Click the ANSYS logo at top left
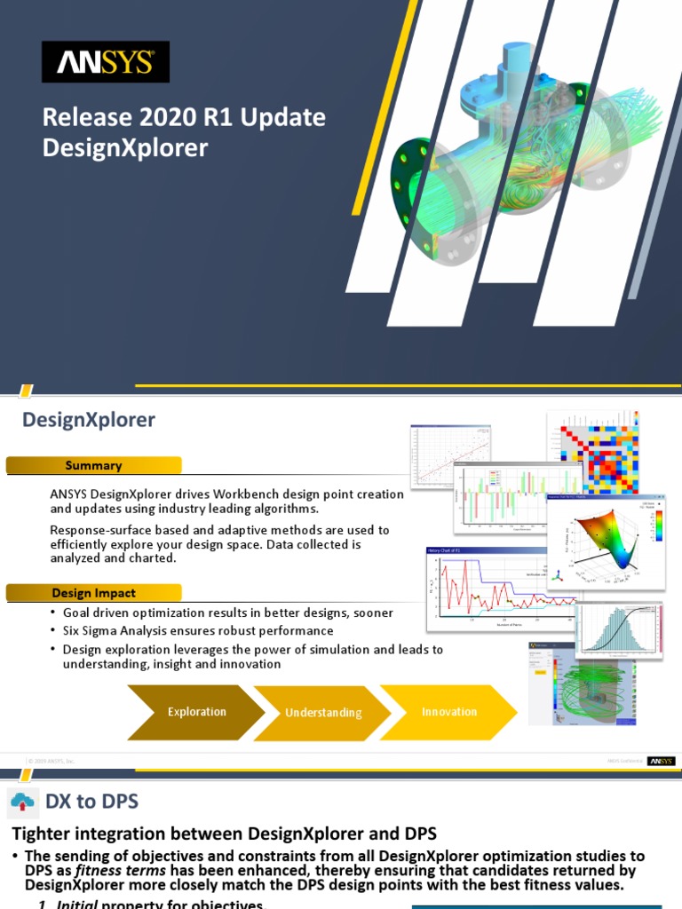[x=106, y=62]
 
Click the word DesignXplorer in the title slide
[x=124, y=147]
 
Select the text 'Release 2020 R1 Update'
[x=184, y=117]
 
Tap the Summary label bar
[x=93, y=465]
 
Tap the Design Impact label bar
[x=93, y=593]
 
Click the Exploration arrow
[x=197, y=712]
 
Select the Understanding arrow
[x=323, y=712]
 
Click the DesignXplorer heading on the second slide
[x=89, y=420]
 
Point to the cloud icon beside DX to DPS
[x=22, y=802]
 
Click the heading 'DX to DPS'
[x=92, y=802]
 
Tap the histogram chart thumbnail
[x=619, y=630]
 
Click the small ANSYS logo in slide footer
[x=661, y=761]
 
